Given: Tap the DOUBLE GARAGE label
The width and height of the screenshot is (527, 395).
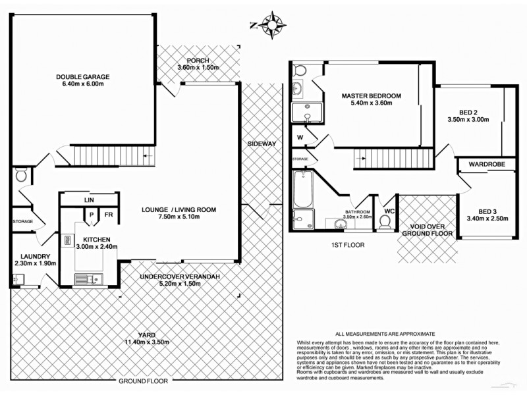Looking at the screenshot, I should point(82,77).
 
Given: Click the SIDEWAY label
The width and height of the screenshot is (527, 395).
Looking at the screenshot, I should point(262,144).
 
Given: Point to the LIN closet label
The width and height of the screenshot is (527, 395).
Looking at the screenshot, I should point(88,200).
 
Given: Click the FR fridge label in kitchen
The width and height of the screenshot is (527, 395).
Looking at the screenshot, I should point(108,215).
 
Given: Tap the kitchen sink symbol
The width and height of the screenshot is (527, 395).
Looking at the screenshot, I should point(86,280).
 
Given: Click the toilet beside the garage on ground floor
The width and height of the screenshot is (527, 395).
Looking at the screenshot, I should point(20,174).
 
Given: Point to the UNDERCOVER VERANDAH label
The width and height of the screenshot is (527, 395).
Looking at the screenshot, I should point(179,276).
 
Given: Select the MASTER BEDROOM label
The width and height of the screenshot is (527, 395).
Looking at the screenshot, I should point(371,96).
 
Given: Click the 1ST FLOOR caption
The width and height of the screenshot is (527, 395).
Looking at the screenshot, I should point(348,244).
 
